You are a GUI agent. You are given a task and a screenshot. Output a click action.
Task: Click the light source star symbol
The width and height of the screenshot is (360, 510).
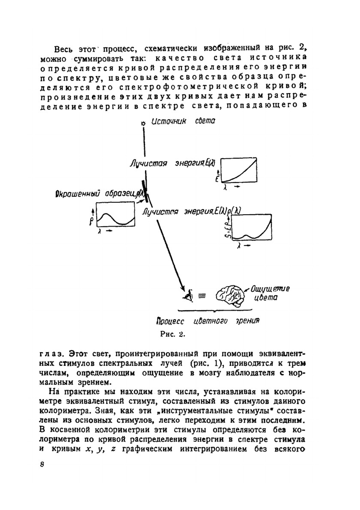point(143,123)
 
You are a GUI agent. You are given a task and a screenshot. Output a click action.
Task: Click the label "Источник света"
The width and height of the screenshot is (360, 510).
point(183,121)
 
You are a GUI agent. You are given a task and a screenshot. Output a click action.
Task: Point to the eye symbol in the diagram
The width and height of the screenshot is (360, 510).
point(188,296)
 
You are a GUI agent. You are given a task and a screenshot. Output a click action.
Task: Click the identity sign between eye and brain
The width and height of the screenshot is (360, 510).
point(202,296)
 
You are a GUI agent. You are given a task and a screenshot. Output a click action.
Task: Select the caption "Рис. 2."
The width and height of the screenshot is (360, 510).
point(172,334)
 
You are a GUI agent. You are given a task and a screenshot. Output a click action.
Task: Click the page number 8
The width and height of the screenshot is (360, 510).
point(42,464)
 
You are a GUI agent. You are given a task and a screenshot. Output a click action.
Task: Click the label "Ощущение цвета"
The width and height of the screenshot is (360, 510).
point(268,293)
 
